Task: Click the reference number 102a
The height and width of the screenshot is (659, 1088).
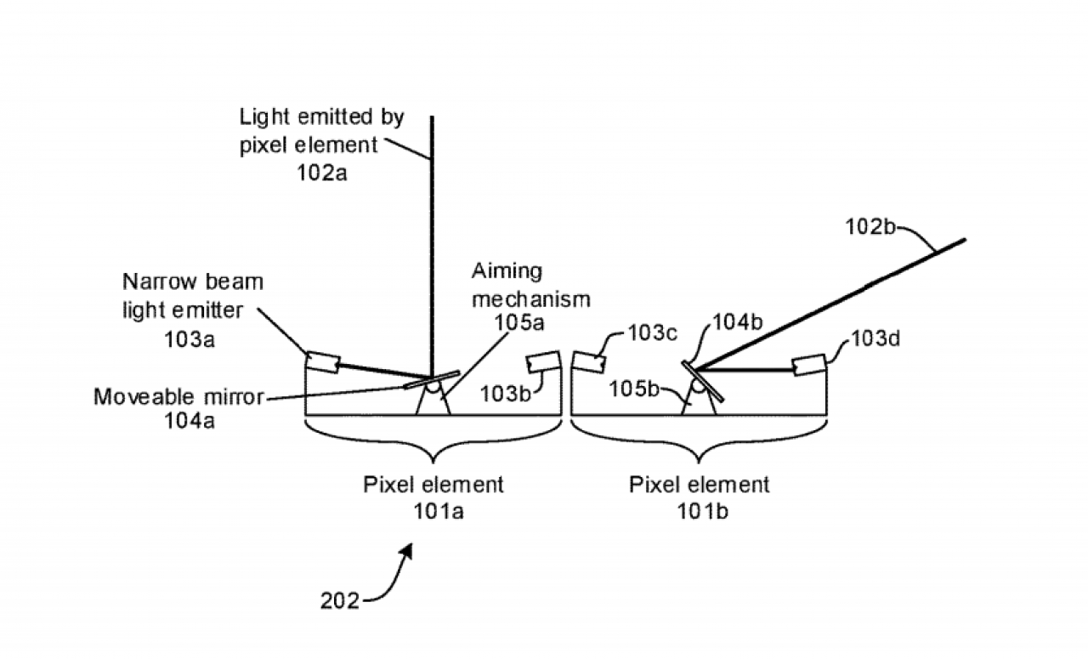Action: [321, 173]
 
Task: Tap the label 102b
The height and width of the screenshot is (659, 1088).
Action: [870, 226]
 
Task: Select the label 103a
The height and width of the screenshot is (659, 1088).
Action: [189, 339]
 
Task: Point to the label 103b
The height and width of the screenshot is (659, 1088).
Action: [505, 394]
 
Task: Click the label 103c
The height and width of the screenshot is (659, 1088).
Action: [652, 333]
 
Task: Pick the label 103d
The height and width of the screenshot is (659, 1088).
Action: [875, 338]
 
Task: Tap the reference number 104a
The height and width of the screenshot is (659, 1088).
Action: [189, 420]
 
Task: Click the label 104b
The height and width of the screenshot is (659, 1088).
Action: [737, 321]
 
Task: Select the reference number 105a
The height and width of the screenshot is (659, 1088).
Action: [518, 322]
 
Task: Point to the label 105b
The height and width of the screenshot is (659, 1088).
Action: [634, 389]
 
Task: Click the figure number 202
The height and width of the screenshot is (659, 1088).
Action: [339, 601]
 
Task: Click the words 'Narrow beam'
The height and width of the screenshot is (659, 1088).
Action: [193, 281]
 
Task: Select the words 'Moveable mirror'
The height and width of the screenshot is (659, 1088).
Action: [178, 396]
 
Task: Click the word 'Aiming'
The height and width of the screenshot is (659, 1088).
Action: [507, 271]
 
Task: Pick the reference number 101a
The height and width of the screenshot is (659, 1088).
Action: [438, 511]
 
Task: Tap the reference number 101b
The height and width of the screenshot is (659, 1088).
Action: [702, 511]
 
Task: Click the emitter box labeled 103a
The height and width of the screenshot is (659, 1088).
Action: [322, 362]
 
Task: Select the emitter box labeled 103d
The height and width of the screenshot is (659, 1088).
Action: [809, 365]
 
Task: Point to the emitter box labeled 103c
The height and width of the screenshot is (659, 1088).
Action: [589, 361]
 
